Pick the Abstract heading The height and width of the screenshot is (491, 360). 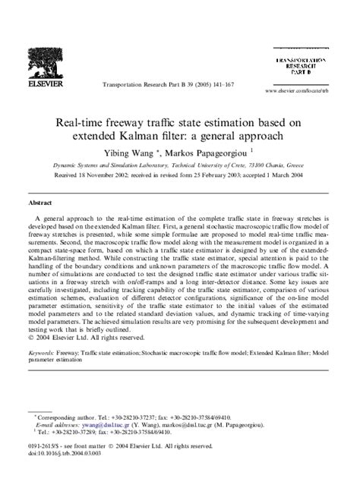[39, 203]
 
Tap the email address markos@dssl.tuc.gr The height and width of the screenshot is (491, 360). [185, 425]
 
